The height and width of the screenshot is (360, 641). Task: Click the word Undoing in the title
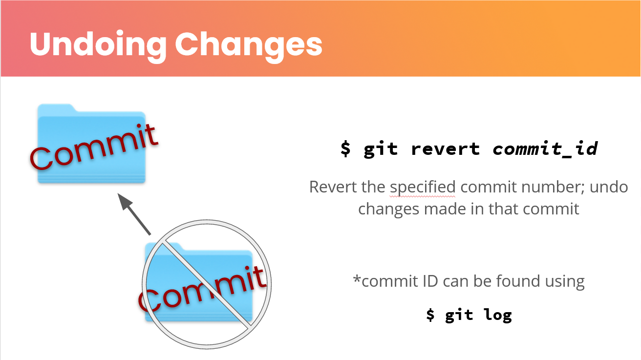pyautogui.click(x=98, y=46)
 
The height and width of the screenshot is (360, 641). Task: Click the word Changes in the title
pyautogui.click(x=249, y=46)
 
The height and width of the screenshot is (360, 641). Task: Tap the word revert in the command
pyautogui.click(x=445, y=149)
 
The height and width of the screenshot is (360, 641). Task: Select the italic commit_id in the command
pyautogui.click(x=545, y=149)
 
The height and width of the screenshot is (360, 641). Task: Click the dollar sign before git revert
pyautogui.click(x=345, y=148)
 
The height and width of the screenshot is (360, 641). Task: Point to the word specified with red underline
pyautogui.click(x=423, y=188)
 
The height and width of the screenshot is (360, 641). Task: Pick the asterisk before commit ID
pyautogui.click(x=357, y=278)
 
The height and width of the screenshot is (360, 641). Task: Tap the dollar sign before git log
pyautogui.click(x=430, y=315)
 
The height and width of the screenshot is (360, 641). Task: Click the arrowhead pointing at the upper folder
pyautogui.click(x=125, y=201)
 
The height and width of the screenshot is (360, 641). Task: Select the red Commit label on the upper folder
pyautogui.click(x=94, y=147)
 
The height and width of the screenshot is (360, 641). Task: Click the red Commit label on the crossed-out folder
pyautogui.click(x=202, y=289)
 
